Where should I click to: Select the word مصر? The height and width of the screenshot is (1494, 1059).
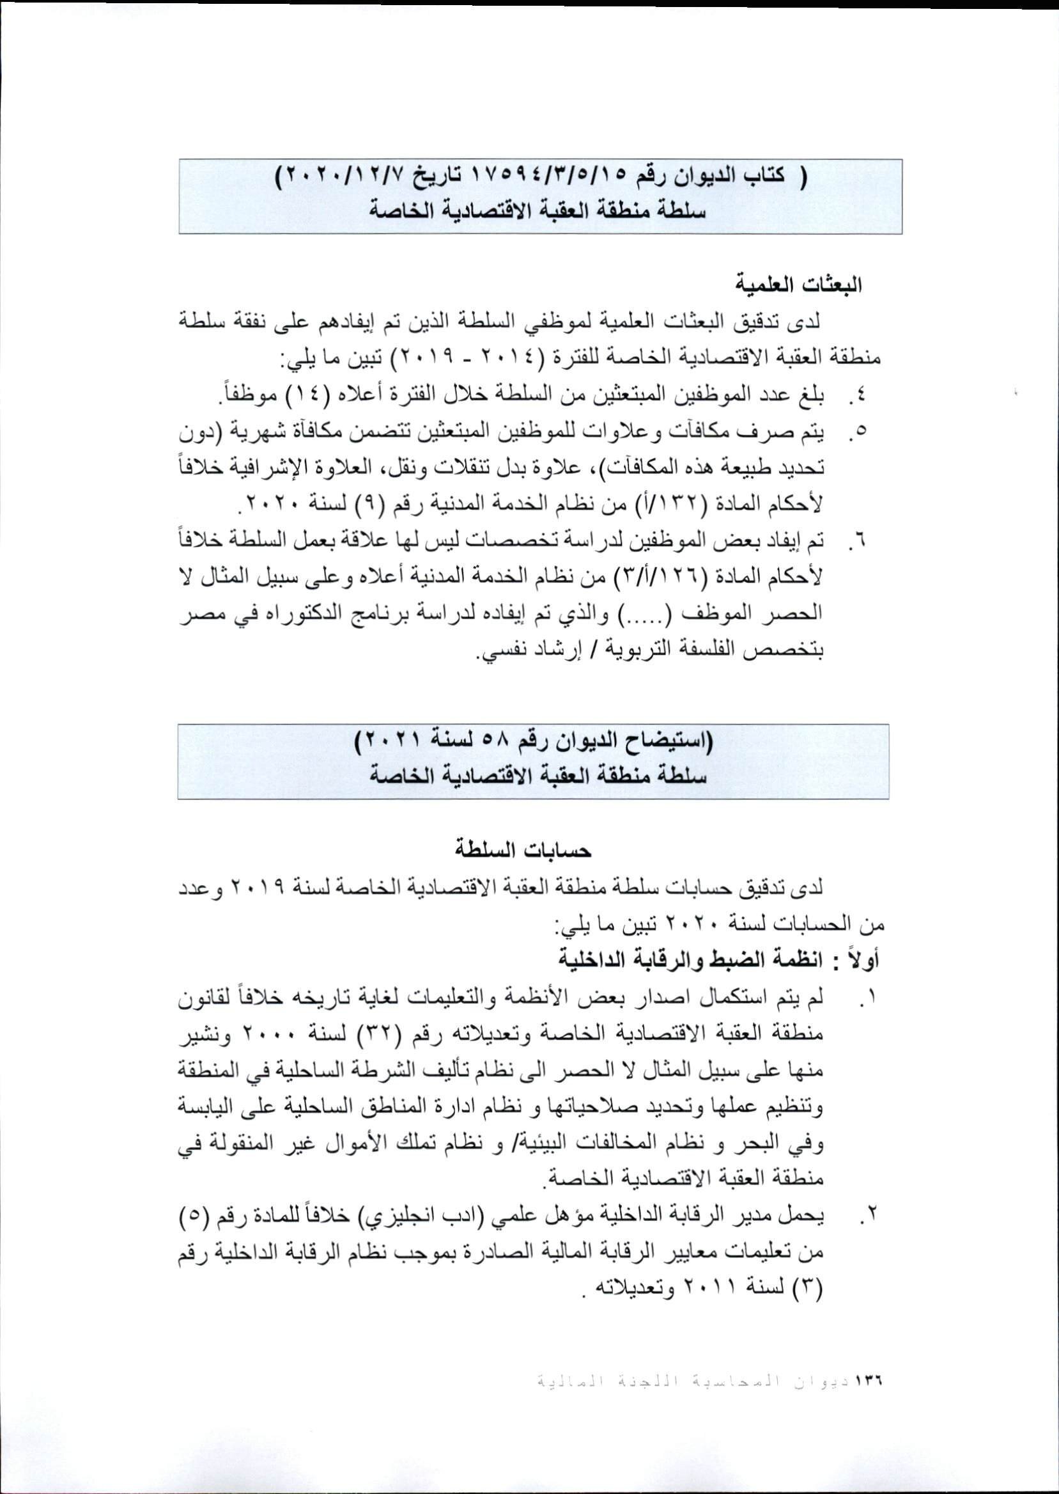click(x=197, y=615)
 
